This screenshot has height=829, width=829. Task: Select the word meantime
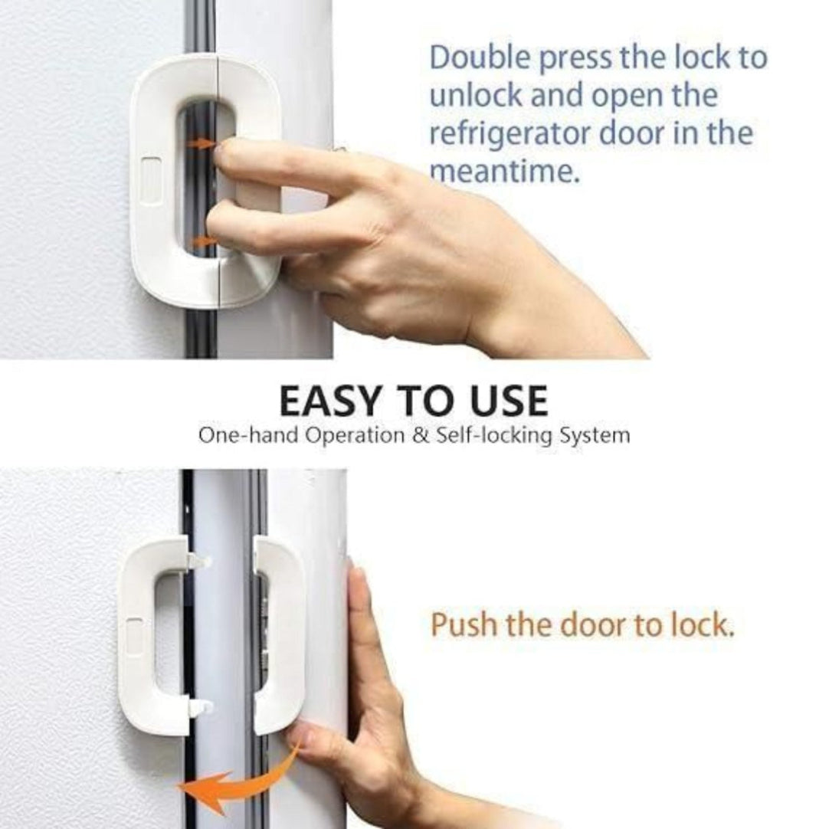point(503,172)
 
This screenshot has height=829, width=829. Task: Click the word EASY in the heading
point(333,401)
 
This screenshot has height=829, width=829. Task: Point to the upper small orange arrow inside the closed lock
point(202,143)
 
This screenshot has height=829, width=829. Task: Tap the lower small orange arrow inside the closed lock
point(202,242)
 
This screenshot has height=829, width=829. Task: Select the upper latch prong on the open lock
point(198,562)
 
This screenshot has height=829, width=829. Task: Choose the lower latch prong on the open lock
point(199,708)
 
